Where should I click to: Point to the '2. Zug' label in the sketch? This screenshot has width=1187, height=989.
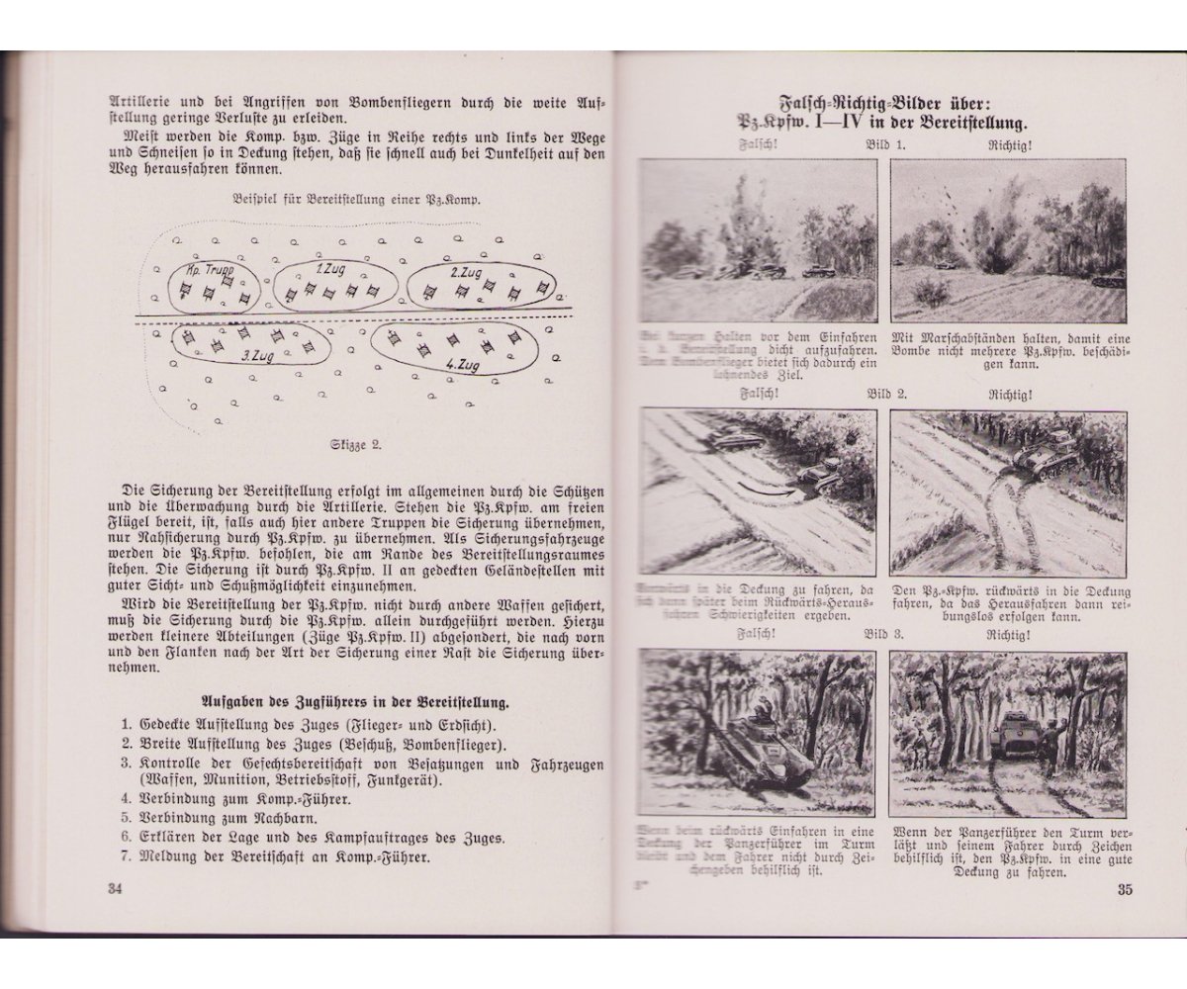(465, 270)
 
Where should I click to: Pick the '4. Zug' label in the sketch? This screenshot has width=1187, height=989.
(463, 364)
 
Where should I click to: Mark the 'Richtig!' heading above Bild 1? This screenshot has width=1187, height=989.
(1008, 144)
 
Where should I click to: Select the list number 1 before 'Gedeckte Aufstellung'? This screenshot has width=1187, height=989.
(127, 724)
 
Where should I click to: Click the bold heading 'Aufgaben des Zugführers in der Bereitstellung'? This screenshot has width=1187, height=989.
(355, 702)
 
